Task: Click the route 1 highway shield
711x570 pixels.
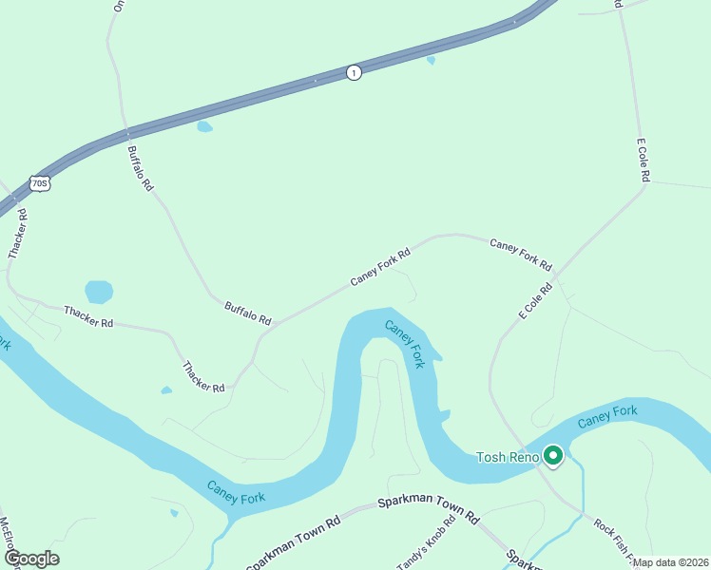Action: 354,72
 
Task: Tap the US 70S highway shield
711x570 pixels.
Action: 39,183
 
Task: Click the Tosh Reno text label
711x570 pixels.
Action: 508,458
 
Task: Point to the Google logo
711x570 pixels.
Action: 31,559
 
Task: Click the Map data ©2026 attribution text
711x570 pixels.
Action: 670,562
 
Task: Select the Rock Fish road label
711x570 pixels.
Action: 614,538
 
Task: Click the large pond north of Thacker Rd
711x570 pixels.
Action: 99,291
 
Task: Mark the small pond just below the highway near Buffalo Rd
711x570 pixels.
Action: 204,126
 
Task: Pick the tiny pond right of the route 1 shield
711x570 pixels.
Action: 432,61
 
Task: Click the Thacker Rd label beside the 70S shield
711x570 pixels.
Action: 17,234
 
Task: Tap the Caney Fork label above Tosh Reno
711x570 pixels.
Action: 606,414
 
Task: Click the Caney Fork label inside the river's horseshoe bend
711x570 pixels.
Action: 405,343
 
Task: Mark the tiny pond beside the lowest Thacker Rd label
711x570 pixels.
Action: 166,389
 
